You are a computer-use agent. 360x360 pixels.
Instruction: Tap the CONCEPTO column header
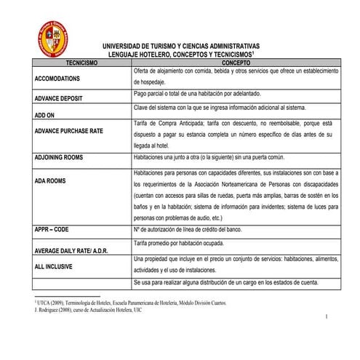click(x=236, y=63)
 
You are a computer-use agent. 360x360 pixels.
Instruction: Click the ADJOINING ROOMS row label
click(x=63, y=158)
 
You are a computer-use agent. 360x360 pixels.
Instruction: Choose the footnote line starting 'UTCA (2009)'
click(x=131, y=302)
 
